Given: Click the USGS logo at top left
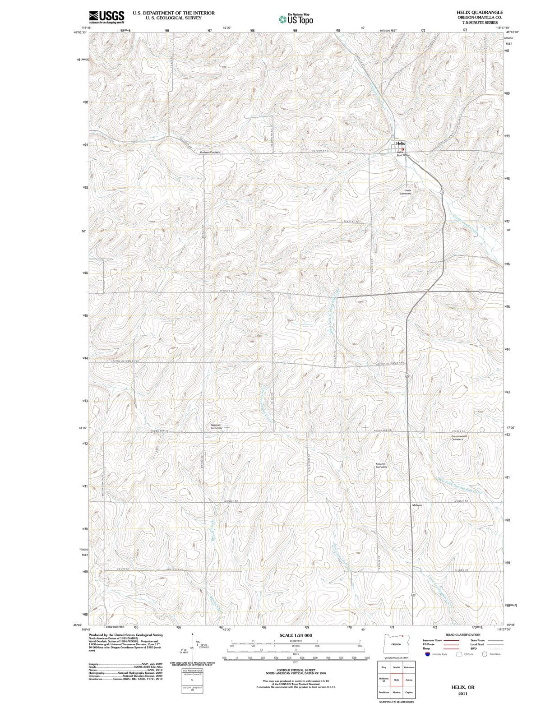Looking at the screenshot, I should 106,17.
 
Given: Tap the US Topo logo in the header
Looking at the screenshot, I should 296,19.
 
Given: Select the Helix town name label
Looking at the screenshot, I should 401,143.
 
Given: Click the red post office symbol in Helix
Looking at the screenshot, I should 403,149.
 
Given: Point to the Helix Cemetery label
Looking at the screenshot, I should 405,192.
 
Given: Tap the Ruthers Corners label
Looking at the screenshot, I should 210,152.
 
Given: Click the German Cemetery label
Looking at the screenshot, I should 216,426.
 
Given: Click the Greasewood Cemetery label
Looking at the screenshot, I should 461,438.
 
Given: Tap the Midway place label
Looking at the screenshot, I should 417,505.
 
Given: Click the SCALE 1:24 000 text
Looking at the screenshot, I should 296,635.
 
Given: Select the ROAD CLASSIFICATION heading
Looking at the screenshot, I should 462,635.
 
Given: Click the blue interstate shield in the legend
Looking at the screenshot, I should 427,654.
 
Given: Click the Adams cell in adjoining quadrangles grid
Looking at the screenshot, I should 409,680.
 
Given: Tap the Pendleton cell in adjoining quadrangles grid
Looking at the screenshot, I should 384,692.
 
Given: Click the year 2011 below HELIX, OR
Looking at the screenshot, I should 462,694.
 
